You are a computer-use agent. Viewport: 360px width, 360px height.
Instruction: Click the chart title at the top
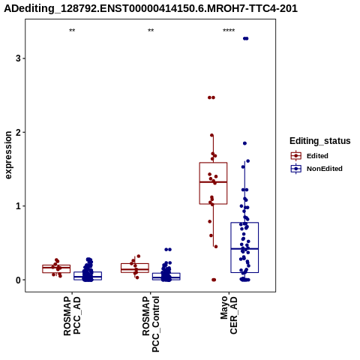[151, 8]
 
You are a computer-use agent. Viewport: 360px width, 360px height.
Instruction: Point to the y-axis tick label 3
[18, 58]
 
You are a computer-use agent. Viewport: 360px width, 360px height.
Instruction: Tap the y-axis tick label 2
[18, 132]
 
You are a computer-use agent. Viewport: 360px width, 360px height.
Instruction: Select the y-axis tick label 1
[18, 206]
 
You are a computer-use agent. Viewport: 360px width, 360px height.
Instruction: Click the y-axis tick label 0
[18, 280]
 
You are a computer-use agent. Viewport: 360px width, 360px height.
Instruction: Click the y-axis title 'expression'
[8, 155]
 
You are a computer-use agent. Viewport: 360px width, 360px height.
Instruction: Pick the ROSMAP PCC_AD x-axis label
[72, 316]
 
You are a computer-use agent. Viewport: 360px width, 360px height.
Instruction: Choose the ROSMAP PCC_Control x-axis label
[151, 324]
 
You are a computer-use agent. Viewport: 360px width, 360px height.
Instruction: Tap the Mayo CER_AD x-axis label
[229, 315]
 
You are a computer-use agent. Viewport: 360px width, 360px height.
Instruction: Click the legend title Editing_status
[320, 141]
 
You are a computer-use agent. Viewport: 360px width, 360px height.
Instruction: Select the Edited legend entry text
[317, 156]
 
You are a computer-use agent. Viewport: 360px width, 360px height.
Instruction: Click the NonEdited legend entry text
[325, 169]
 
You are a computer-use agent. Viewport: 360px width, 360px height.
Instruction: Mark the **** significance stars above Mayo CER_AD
[229, 31]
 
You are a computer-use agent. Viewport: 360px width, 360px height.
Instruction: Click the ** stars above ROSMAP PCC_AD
[72, 31]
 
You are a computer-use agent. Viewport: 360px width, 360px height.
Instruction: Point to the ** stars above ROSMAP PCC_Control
[151, 31]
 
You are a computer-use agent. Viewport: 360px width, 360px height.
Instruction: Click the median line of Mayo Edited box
[213, 182]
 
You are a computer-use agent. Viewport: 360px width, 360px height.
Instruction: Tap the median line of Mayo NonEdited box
[244, 249]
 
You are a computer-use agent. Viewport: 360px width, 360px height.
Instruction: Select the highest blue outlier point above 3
[246, 38]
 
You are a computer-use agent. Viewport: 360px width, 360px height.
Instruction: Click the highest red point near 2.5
[211, 97]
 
